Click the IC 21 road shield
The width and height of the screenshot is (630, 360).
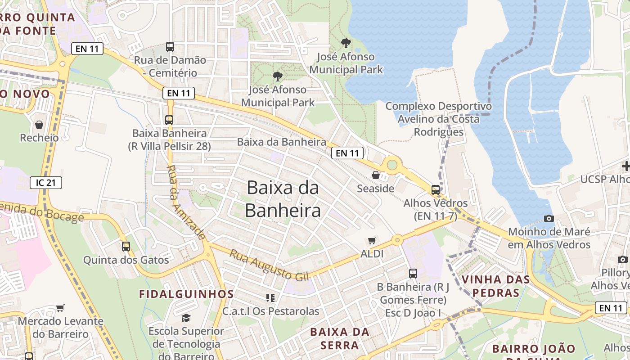pyautogui.click(x=46, y=182)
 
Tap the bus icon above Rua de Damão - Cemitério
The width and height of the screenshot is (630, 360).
pyautogui.click(x=170, y=46)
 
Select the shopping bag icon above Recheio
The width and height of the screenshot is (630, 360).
pyautogui.click(x=39, y=125)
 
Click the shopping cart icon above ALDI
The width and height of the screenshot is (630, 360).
pyautogui.click(x=372, y=241)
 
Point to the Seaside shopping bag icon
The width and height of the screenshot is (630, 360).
pyautogui.click(x=376, y=175)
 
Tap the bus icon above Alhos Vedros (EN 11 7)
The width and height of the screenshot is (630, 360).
pyautogui.click(x=436, y=189)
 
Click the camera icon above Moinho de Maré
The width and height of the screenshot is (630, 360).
pyautogui.click(x=549, y=218)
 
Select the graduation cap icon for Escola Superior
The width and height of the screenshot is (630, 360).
pyautogui.click(x=186, y=318)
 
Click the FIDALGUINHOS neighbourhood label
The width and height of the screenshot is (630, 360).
pyautogui.click(x=186, y=294)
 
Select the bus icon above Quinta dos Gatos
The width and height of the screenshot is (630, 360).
pyautogui.click(x=126, y=246)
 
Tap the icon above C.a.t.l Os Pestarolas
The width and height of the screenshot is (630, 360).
pyautogui.click(x=270, y=297)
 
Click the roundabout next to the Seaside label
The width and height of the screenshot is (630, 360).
pyautogui.click(x=392, y=165)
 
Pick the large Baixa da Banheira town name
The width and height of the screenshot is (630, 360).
pyautogui.click(x=283, y=199)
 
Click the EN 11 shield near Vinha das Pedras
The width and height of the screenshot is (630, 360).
pyautogui.click(x=611, y=308)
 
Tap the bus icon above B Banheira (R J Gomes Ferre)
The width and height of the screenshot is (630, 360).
pyautogui.click(x=413, y=273)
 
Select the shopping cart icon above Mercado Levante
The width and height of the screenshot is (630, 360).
pyautogui.click(x=60, y=308)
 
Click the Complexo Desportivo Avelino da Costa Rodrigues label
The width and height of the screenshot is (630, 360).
pyautogui.click(x=438, y=119)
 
